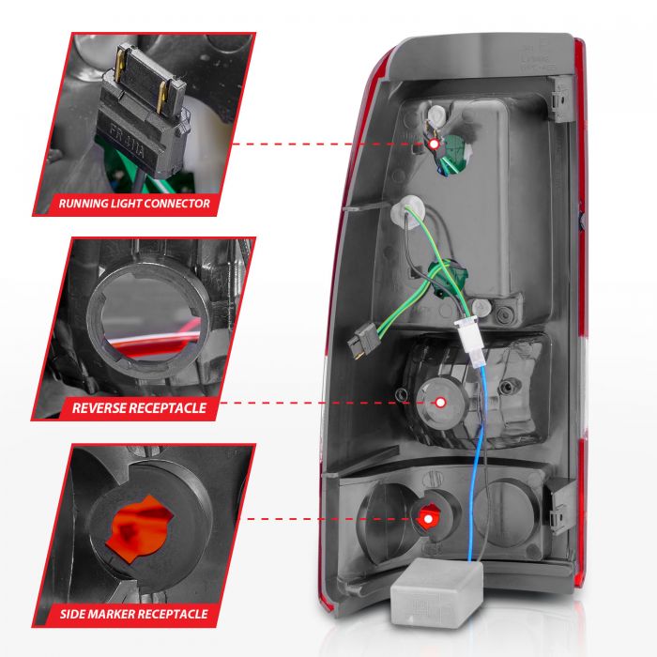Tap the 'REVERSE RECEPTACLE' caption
tap(139, 408)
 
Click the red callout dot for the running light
tap(434, 144)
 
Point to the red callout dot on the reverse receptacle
tap(440, 402)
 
